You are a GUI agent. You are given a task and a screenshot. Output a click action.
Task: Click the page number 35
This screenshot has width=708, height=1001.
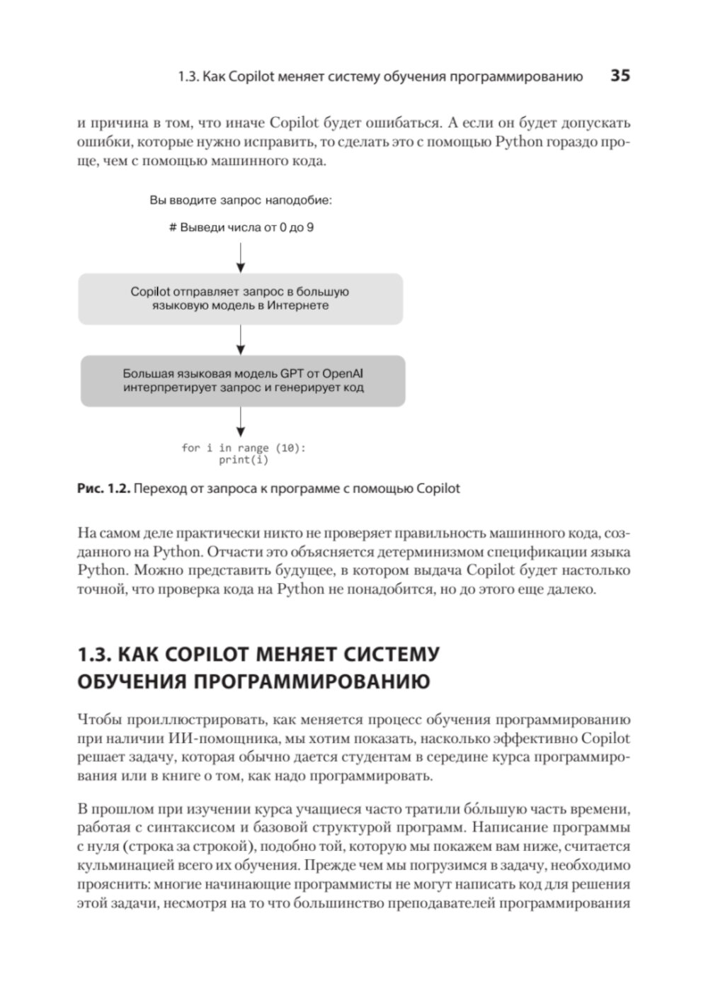click(x=619, y=76)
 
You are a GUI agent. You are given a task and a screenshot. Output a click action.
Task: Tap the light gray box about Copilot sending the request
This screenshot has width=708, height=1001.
click(x=240, y=299)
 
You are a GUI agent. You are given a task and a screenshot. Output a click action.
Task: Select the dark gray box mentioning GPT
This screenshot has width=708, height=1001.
click(x=243, y=381)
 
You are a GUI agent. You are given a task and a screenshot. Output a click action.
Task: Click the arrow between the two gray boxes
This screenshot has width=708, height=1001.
click(x=241, y=340)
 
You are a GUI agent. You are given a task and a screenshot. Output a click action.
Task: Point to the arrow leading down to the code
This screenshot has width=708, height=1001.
click(x=241, y=423)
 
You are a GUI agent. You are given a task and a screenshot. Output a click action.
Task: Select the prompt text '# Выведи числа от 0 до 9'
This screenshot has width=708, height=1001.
click(x=241, y=229)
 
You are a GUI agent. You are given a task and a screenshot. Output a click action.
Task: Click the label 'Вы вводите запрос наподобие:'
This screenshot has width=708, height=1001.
click(x=241, y=200)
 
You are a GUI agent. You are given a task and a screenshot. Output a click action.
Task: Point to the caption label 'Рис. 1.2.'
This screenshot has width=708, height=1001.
click(x=103, y=489)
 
